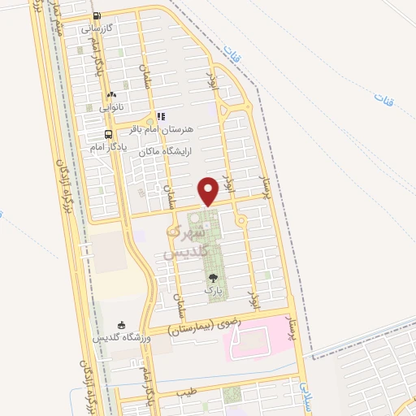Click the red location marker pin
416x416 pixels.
(209, 191)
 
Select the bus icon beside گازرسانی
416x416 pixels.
(97, 15)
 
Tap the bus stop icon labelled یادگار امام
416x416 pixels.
(108, 135)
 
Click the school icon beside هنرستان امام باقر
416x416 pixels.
(160, 117)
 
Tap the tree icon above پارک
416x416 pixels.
(213, 277)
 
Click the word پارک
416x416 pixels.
(213, 288)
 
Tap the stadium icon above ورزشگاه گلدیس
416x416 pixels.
(122, 324)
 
